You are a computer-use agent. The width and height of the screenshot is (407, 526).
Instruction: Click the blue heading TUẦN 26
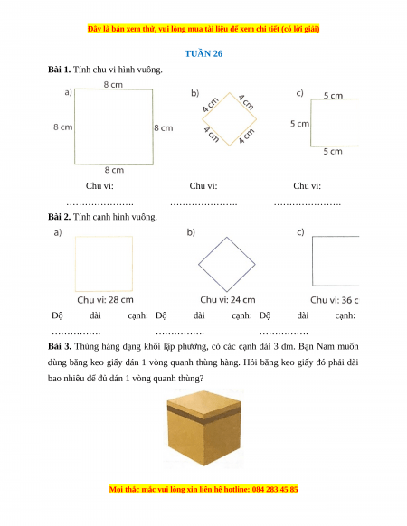(x=203, y=53)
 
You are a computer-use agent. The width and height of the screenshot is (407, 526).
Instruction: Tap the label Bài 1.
(x=59, y=70)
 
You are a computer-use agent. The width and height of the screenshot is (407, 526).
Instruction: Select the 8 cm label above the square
(x=113, y=85)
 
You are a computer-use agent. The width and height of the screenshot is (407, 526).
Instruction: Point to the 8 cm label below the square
(x=114, y=170)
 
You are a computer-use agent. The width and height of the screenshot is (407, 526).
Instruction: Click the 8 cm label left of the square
(x=62, y=127)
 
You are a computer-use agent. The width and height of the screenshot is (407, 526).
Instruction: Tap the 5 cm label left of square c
(x=299, y=124)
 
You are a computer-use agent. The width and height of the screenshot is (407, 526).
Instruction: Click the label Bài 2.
(x=59, y=217)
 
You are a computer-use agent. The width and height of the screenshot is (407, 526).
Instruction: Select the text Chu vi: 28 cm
(x=105, y=299)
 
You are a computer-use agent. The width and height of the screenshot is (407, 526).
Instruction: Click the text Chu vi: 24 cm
(x=228, y=299)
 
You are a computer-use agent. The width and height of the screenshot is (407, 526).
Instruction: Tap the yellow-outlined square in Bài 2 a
(x=104, y=237)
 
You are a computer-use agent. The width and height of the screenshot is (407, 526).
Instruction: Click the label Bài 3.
(x=60, y=346)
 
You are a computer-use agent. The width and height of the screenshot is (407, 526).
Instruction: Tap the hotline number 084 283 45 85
(x=275, y=489)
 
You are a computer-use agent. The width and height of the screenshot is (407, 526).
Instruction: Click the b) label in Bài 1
(x=194, y=93)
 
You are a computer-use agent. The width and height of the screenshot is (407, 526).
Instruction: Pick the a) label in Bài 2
(x=58, y=232)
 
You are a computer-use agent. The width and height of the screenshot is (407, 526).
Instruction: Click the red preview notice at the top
(x=203, y=29)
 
